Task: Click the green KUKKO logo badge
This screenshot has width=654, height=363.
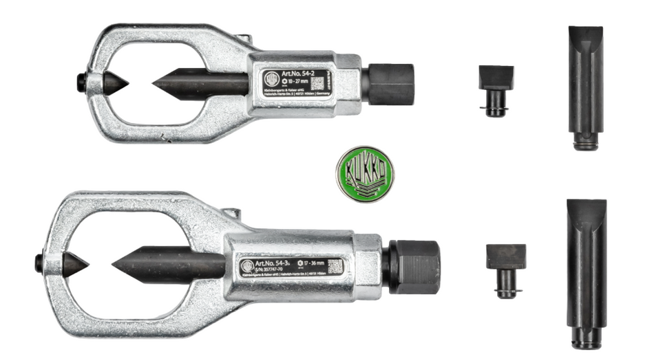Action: [x=364, y=173]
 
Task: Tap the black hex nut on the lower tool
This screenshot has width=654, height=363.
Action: [x=415, y=267]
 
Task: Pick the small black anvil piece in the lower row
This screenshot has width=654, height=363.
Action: [x=506, y=268]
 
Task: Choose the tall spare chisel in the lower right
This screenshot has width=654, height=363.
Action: [x=587, y=272]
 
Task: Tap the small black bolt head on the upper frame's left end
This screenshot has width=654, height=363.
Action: [x=81, y=81]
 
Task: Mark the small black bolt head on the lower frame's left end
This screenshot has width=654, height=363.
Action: [x=40, y=261]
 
